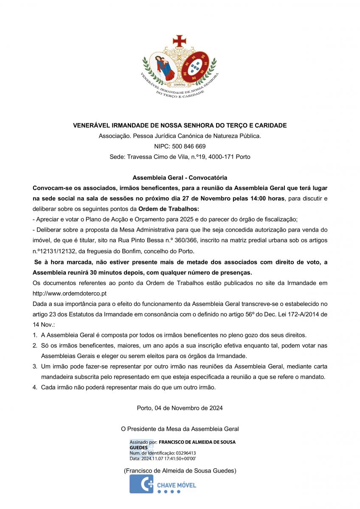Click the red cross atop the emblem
point(180,41)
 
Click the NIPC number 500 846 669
point(188,146)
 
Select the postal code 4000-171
point(222,157)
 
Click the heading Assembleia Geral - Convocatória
point(180,177)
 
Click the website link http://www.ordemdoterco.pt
point(70,293)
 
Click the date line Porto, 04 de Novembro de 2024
point(180,408)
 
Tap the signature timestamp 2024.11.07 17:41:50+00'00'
point(168,458)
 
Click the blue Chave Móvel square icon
point(141,484)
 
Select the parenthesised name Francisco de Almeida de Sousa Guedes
point(180,471)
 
